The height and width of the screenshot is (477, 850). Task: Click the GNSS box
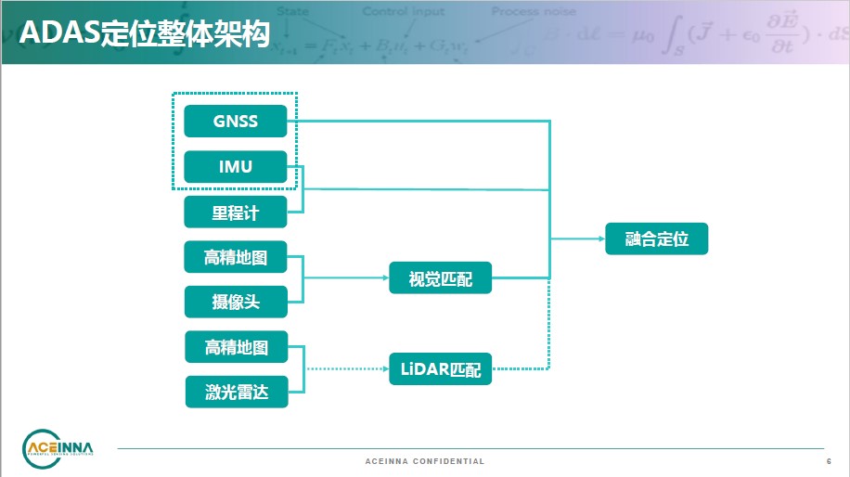[x=236, y=122]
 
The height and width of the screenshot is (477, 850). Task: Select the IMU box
[x=236, y=167]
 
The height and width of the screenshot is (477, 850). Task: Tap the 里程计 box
[x=236, y=213]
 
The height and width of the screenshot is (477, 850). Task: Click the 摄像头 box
[x=236, y=302]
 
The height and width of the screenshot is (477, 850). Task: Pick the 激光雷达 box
[x=236, y=392]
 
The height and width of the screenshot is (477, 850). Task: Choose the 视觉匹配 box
[x=440, y=277]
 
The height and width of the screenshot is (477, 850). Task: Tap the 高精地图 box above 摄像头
[x=236, y=257]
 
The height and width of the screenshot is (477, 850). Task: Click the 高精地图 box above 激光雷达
[x=236, y=347]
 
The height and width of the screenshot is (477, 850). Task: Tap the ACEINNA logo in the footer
[x=58, y=449]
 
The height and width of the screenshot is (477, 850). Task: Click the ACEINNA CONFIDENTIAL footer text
[x=425, y=461]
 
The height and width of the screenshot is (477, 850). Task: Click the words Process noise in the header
[x=534, y=12]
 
